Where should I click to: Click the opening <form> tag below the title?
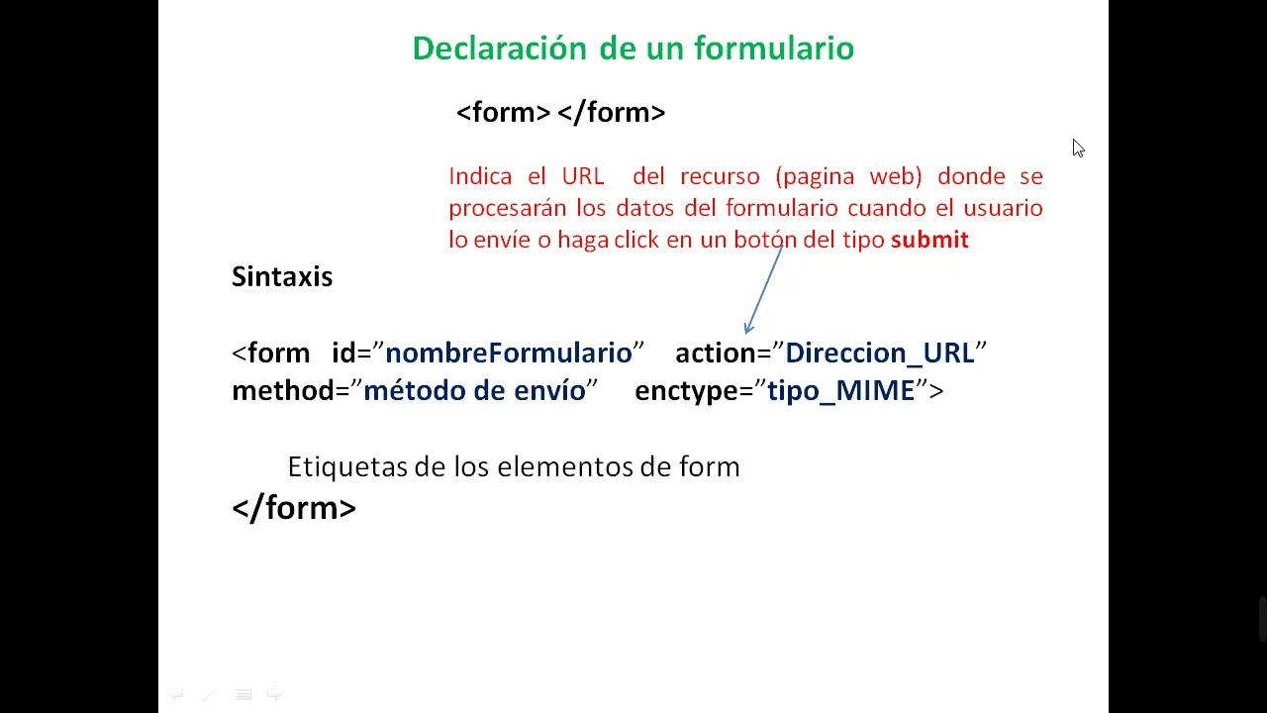(503, 113)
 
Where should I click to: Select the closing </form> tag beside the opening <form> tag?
(612, 113)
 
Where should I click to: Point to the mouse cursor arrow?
(1077, 148)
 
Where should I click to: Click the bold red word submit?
(929, 240)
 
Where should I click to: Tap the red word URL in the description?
(583, 176)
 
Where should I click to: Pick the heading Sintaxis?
(282, 276)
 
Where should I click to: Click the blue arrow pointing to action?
(763, 290)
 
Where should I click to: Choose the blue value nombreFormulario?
(509, 354)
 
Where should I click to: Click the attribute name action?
(715, 354)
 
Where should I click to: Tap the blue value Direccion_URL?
(880, 354)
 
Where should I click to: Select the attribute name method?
(283, 391)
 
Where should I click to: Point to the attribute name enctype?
(686, 391)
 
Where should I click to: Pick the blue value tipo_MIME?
(841, 391)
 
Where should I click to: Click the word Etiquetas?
(347, 466)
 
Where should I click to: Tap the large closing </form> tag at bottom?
(294, 508)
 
